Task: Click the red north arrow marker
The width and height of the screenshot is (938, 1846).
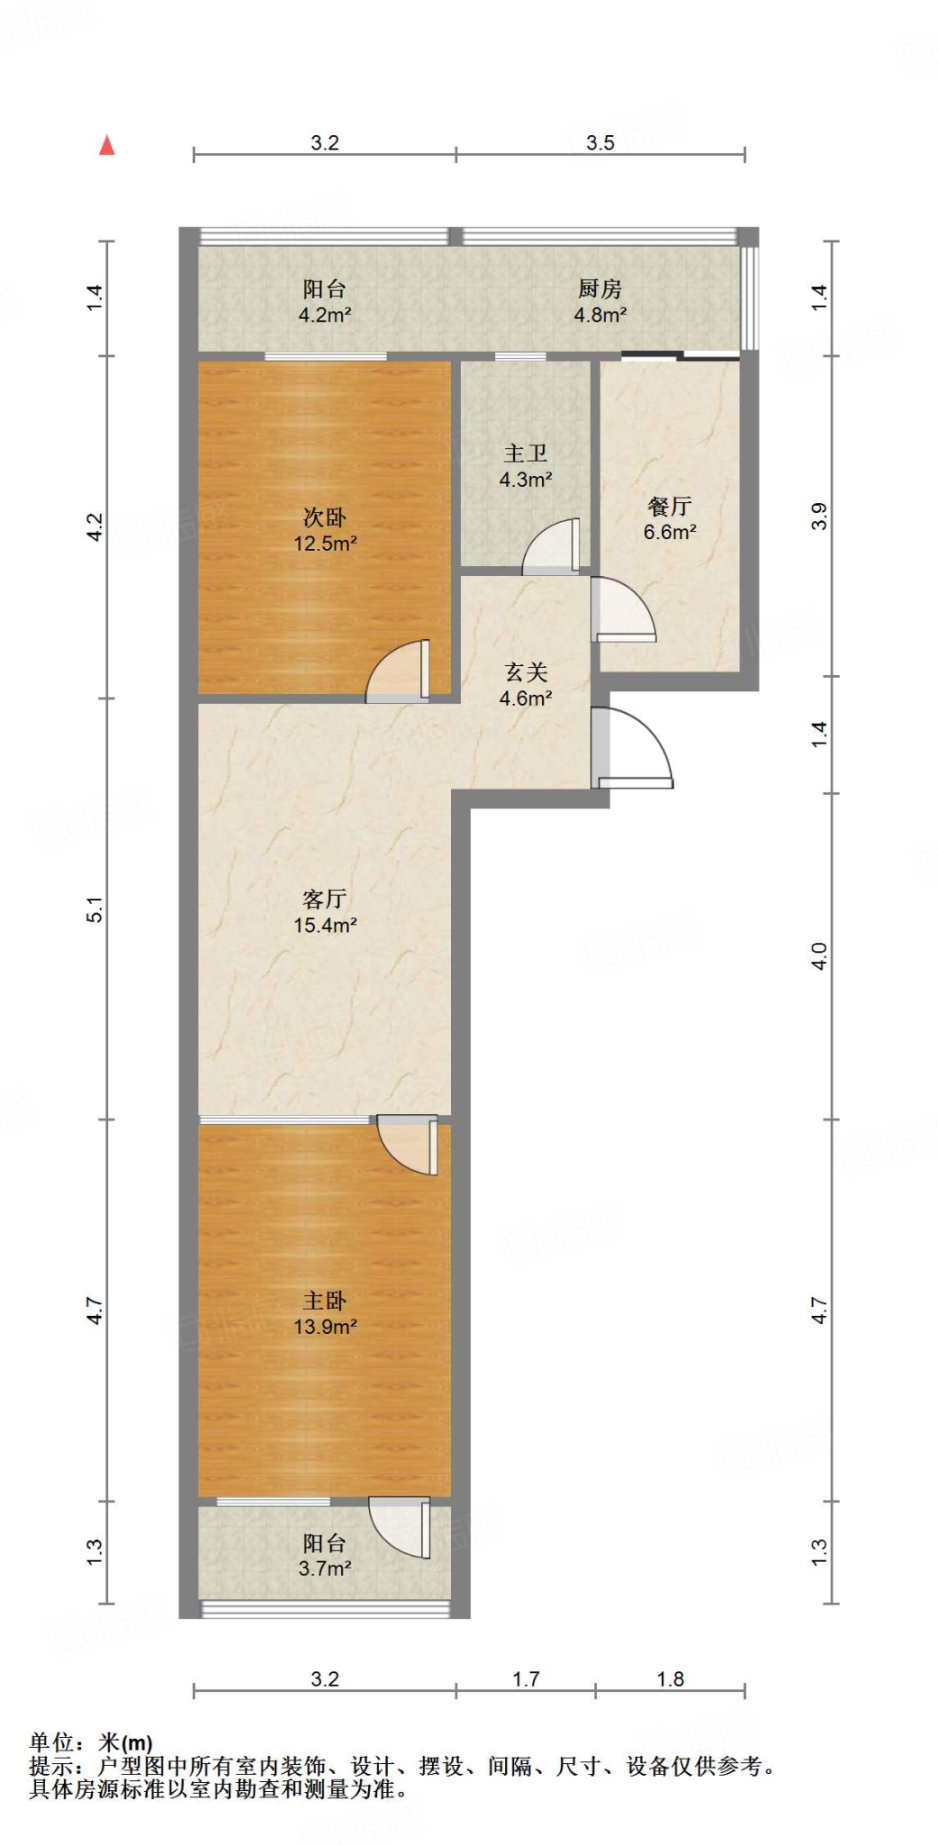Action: [106, 145]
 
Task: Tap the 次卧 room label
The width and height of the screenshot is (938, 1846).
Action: [325, 517]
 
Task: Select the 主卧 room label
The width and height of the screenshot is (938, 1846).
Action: [325, 1301]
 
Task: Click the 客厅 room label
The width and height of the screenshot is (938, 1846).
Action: [325, 899]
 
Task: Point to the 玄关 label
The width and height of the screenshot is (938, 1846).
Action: [526, 672]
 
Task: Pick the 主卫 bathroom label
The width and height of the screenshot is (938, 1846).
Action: [526, 453]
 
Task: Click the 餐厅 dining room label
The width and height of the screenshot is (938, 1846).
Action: [669, 507]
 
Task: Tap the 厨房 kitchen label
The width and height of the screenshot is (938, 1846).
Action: [600, 288]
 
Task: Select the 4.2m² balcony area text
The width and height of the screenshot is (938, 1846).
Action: [325, 315]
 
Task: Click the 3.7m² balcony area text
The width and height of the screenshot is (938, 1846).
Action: [325, 1568]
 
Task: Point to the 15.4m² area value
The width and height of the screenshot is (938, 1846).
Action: [325, 925]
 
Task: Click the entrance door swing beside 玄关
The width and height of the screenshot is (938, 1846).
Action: [633, 748]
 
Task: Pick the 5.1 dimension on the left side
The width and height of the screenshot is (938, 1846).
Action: [95, 909]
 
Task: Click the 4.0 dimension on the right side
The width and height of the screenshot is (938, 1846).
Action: [819, 955]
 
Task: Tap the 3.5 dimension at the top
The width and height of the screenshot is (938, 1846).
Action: [601, 142]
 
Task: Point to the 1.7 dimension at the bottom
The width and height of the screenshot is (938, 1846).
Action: [526, 1679]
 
